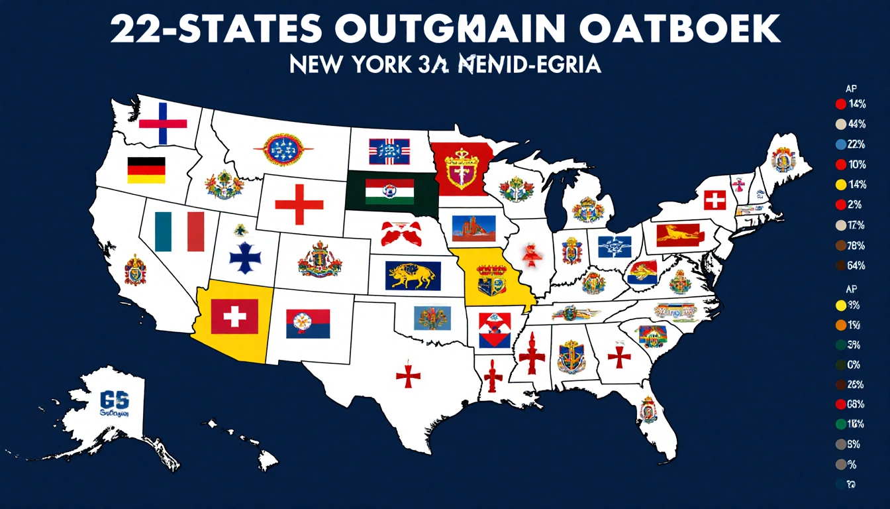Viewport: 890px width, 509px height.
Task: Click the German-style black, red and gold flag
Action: [146, 170]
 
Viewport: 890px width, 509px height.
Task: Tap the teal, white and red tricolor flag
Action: [179, 231]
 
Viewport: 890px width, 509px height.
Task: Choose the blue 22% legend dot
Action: [840, 144]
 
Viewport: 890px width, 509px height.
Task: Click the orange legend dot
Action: [840, 325]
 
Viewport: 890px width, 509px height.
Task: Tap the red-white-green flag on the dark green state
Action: [390, 192]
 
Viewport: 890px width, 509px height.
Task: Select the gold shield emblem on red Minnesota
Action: [462, 167]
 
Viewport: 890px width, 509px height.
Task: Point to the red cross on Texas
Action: [409, 376]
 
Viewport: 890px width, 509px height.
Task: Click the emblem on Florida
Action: [648, 409]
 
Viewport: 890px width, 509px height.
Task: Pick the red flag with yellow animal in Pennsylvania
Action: [677, 233]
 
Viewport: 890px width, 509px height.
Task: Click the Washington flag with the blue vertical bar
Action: [163, 123]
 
